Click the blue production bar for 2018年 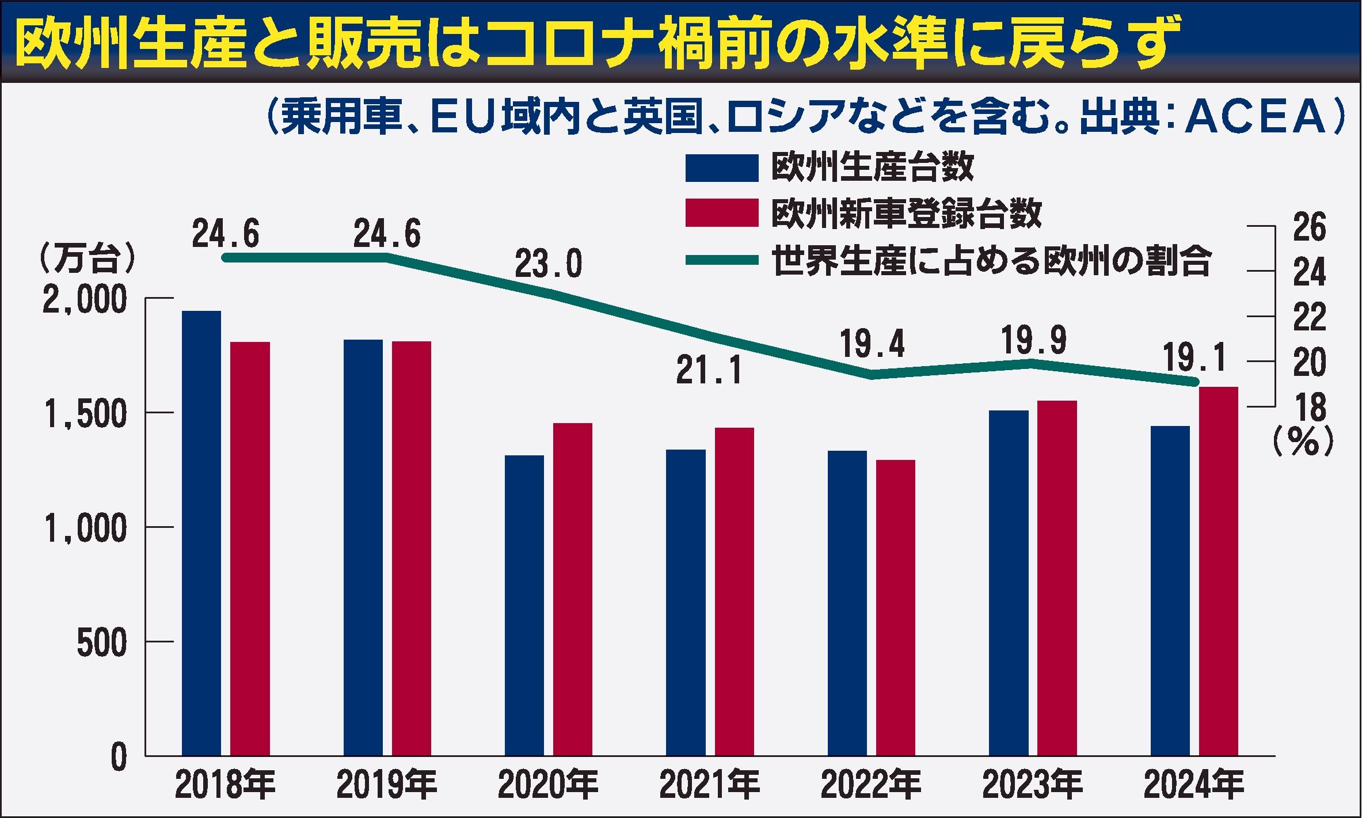coord(201,532)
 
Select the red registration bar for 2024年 coord(1219,570)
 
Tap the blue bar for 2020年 coord(524,605)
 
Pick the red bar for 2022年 coord(896,607)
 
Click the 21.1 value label coord(709,371)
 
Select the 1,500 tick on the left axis coord(85,414)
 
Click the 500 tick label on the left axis coord(101,642)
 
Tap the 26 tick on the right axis coord(1309,227)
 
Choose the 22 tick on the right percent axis coord(1309,317)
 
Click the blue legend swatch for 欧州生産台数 coord(721,168)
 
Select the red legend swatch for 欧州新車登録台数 coord(721,212)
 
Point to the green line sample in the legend coord(721,260)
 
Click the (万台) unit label coord(86,260)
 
